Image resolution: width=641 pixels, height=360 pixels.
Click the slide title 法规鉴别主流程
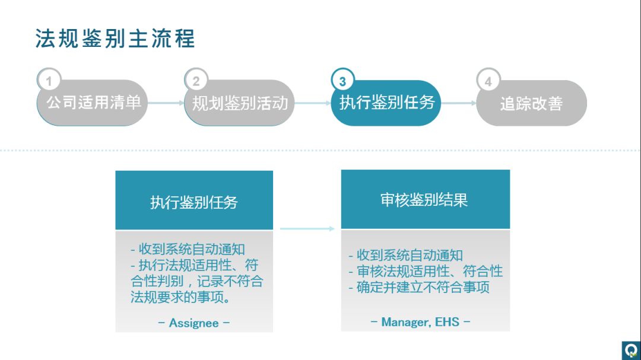click(115, 39)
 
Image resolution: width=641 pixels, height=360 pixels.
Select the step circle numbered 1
click(49, 81)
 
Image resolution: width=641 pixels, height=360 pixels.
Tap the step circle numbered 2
click(196, 81)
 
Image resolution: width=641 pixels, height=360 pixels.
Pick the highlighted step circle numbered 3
click(342, 81)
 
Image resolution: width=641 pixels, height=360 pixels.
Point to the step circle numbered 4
click(488, 81)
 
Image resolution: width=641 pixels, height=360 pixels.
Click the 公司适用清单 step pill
click(93, 103)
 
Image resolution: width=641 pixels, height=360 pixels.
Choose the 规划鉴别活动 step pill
click(240, 103)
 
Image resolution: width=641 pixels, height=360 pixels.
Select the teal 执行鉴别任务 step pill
click(386, 103)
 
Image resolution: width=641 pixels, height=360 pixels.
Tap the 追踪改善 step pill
click(532, 104)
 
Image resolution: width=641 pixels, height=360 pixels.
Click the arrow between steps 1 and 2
click(166, 103)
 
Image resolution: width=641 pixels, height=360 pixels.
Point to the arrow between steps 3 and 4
click(458, 103)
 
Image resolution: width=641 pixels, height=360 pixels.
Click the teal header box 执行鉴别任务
click(194, 201)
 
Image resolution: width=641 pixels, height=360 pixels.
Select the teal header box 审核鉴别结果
click(424, 200)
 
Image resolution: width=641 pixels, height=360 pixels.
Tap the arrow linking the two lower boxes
click(307, 228)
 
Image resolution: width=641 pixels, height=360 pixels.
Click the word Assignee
click(194, 323)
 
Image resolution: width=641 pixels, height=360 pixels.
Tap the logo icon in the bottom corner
click(630, 350)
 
